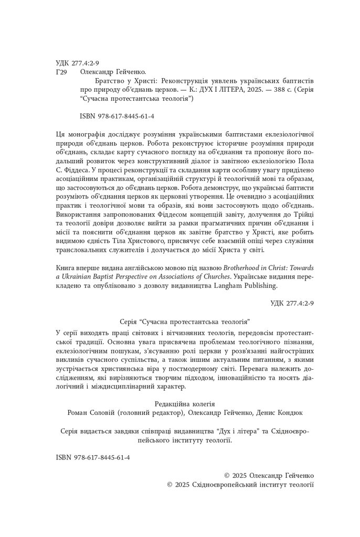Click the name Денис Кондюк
point(280,413)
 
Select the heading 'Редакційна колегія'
point(185,404)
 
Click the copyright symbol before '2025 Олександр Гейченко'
point(227,475)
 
